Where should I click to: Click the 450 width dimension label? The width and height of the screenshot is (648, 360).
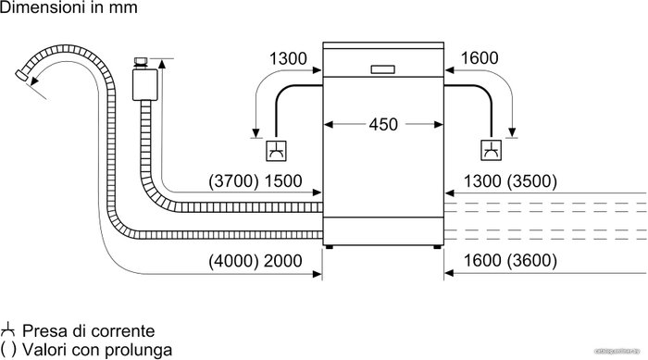point(383,124)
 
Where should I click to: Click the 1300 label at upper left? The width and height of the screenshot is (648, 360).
point(288,58)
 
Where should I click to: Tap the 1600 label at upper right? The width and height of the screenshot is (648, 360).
point(480,58)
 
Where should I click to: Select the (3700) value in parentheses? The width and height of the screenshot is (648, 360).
point(233,181)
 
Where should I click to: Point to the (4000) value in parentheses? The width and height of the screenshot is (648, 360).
point(233,261)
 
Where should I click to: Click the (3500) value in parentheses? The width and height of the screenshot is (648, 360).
point(532,181)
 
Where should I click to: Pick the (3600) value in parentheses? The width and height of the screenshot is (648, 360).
point(532,261)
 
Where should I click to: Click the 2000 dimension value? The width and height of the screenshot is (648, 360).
point(283,261)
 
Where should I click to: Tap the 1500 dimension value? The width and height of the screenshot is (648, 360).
point(283,181)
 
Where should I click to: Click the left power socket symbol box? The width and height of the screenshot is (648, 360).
point(276,151)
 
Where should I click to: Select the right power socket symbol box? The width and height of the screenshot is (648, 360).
point(492,151)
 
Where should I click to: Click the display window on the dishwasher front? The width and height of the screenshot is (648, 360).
point(382,69)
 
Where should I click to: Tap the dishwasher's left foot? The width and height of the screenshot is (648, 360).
point(329,247)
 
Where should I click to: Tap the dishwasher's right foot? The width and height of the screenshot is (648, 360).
point(437,247)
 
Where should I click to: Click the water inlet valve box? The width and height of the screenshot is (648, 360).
point(145,85)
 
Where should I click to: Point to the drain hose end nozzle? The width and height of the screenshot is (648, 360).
point(21,75)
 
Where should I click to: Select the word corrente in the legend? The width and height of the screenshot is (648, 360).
point(122,330)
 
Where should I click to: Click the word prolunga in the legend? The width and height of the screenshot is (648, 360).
point(138,350)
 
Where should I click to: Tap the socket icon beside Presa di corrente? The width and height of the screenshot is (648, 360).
point(7,329)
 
